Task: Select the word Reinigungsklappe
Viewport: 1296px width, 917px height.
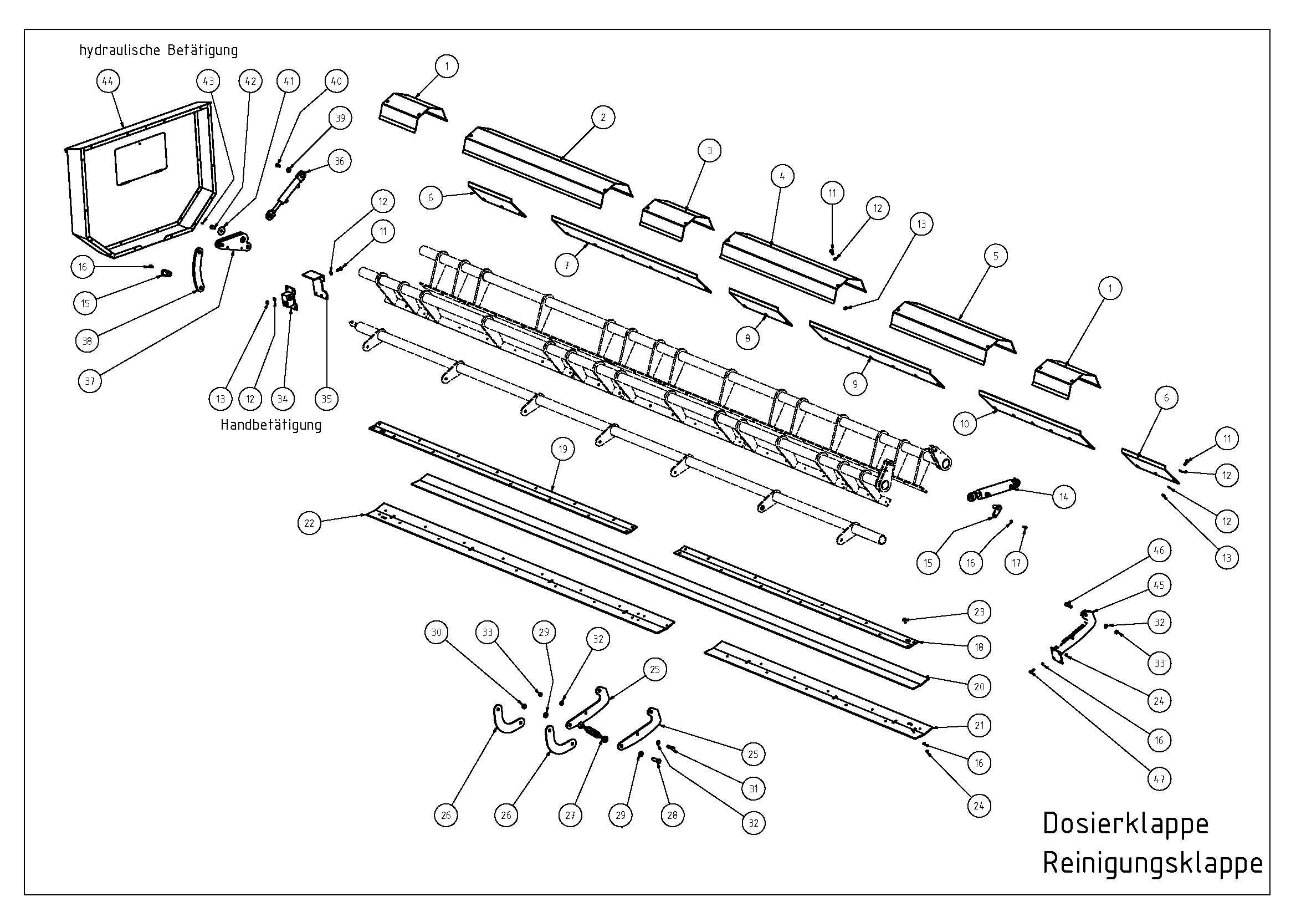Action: tap(1152, 864)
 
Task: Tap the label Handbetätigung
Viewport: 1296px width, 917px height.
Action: tap(271, 425)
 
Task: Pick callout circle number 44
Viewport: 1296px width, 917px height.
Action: tap(107, 81)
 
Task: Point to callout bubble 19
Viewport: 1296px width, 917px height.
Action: tap(563, 450)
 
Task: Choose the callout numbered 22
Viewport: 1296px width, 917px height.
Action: tap(309, 523)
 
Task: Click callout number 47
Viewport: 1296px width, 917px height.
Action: tap(1159, 779)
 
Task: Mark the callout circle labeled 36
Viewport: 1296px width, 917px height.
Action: tap(340, 161)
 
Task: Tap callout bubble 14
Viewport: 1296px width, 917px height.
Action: tap(1064, 497)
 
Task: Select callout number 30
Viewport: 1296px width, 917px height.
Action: tap(436, 633)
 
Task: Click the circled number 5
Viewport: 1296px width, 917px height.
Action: tap(996, 256)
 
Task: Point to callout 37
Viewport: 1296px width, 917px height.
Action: tap(90, 381)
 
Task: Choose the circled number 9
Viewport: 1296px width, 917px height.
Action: tap(856, 384)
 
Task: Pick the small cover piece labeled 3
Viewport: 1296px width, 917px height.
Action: tap(676, 220)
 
